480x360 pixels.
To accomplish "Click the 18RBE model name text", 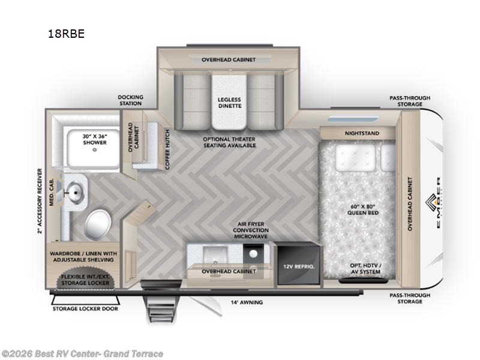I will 66,34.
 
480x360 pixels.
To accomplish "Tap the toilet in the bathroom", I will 97,224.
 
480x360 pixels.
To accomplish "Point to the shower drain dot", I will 94,151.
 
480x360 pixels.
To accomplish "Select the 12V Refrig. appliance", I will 295,264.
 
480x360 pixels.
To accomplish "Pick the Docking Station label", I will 130,100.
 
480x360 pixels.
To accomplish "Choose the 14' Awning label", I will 247,302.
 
